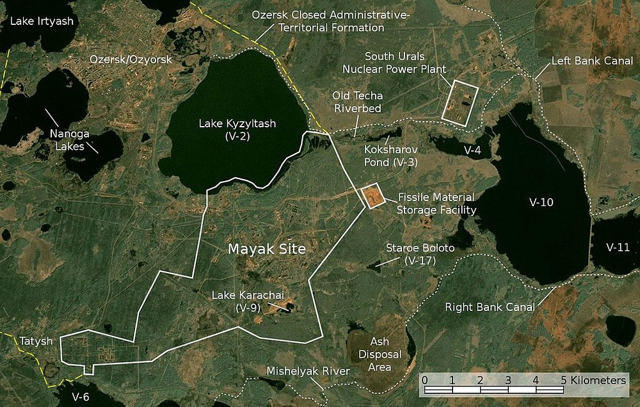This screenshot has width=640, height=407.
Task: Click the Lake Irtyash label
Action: click(x=38, y=21)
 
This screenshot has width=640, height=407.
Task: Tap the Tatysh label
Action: click(x=35, y=340)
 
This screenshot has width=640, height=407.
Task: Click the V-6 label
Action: click(x=80, y=396)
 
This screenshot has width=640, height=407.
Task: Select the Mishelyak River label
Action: click(x=309, y=372)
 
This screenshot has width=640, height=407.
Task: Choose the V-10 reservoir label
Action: click(x=541, y=203)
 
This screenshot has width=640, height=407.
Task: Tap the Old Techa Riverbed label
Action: click(x=357, y=102)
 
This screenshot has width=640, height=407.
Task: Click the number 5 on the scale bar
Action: click(x=564, y=380)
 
